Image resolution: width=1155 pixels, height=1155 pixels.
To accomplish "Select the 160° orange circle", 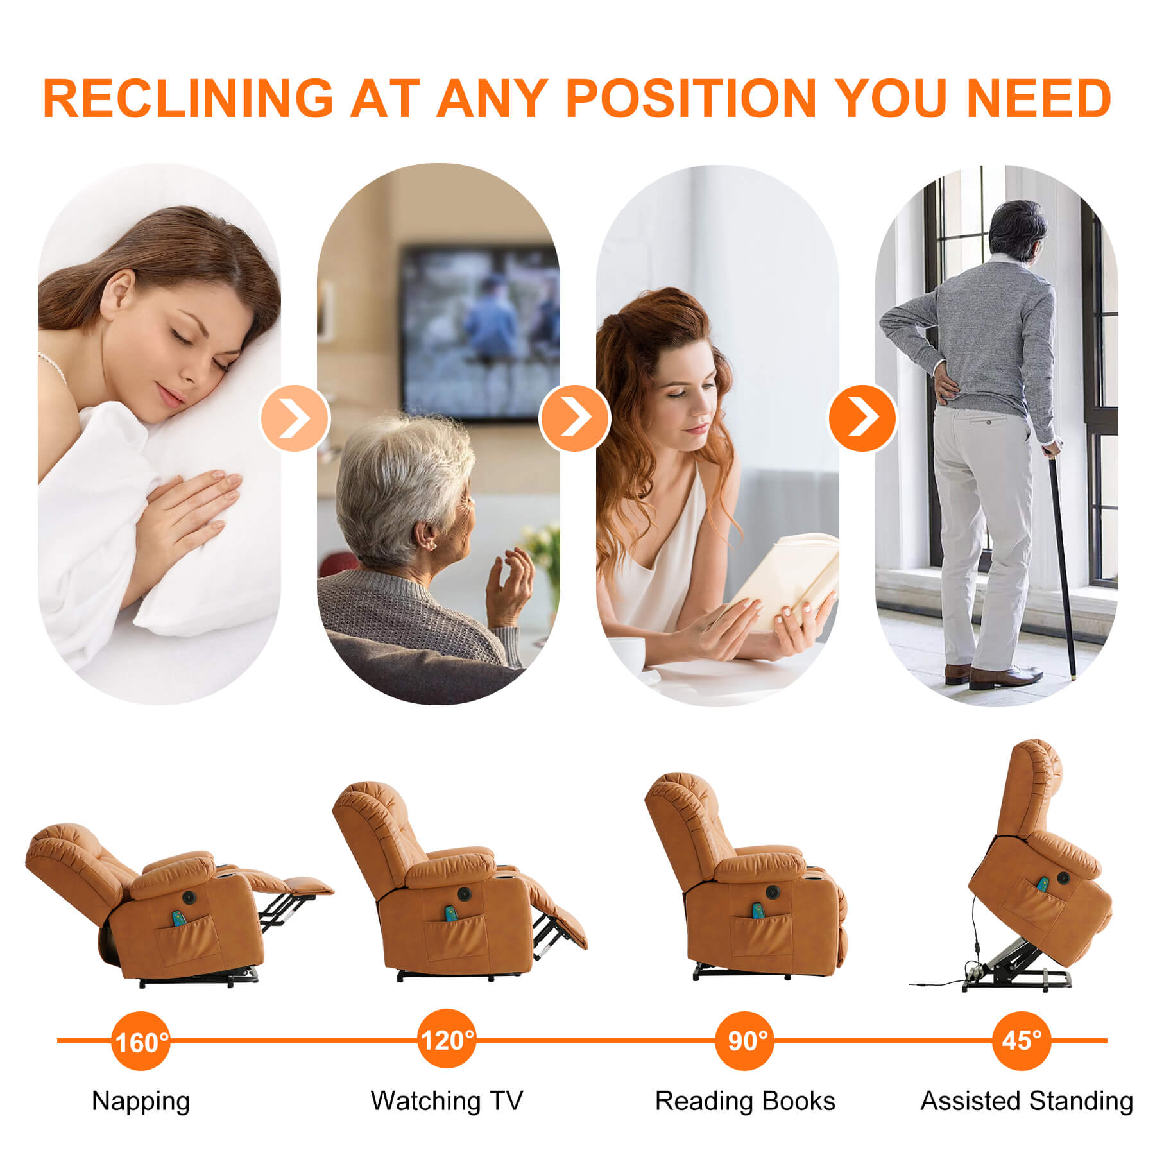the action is point(141,1041).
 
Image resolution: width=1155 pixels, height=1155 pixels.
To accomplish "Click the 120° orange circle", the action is point(447,1038).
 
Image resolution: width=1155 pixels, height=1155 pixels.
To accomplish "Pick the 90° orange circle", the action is point(745,1040).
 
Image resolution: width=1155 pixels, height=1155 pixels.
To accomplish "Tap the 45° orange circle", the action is point(1022,1040).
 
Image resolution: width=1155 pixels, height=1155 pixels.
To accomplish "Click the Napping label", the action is point(141,1102).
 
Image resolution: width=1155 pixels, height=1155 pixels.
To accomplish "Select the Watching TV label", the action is point(447,1101).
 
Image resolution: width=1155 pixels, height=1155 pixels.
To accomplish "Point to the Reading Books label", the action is point(745,1101).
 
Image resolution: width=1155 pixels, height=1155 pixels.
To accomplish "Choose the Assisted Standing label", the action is point(1027,1102).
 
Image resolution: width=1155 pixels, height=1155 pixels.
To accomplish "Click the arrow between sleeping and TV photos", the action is point(295,418).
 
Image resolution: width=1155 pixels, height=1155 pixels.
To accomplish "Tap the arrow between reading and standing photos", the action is point(862,418).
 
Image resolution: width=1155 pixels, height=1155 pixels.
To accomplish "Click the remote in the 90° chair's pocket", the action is point(758,911).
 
